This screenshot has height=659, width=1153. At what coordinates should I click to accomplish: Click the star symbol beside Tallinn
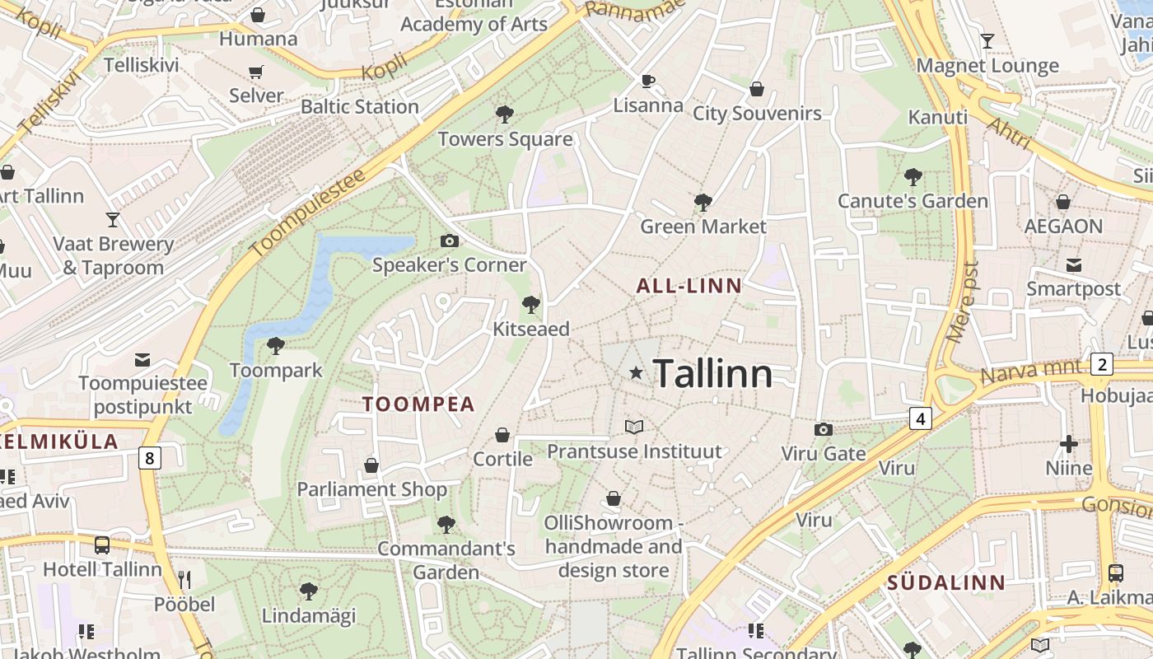(636, 373)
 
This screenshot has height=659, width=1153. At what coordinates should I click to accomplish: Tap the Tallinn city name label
(713, 375)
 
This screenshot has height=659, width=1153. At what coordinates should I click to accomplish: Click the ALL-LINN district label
(689, 286)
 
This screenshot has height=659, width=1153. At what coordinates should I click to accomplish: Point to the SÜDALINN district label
(946, 583)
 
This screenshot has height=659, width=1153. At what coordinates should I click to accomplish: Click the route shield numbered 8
(149, 458)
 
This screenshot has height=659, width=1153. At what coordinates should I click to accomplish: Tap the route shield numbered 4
(921, 419)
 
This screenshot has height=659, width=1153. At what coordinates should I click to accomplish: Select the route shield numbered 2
(1101, 364)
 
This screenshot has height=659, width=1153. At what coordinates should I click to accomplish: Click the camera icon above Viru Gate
(823, 429)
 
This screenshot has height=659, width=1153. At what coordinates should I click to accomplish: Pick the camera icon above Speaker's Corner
(449, 241)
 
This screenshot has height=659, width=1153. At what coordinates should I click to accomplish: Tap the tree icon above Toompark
(276, 346)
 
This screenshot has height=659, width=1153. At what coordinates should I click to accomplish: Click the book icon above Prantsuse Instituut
(634, 427)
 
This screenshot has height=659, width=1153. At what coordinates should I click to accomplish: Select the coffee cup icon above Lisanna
(648, 81)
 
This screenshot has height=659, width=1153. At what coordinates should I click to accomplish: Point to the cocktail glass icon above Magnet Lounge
(987, 40)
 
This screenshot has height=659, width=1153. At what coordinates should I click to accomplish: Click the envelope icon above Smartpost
(1074, 264)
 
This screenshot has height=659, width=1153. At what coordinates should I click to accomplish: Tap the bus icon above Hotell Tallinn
(102, 544)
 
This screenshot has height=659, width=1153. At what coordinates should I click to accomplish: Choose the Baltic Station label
(360, 106)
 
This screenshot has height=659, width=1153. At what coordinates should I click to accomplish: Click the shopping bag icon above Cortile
(502, 434)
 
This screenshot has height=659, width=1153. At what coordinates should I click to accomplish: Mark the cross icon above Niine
(1069, 444)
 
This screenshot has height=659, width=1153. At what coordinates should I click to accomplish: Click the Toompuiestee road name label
(306, 214)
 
